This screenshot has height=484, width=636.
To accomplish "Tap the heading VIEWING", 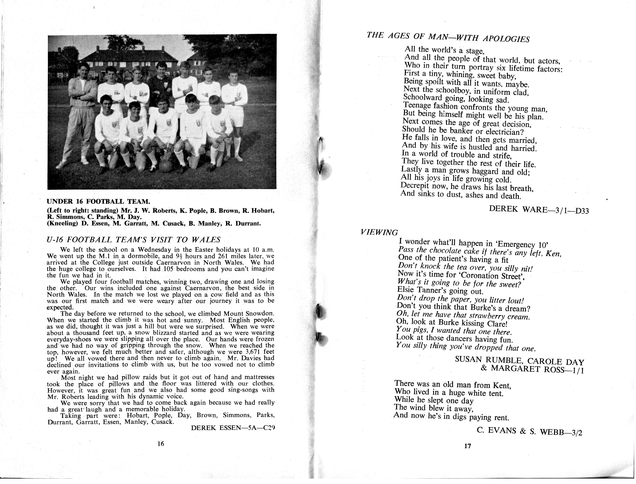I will [x=379, y=232].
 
